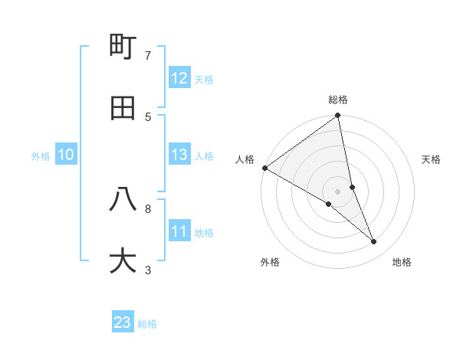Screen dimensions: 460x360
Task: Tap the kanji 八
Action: tap(123, 199)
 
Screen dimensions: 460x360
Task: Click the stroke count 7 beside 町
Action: tap(148, 55)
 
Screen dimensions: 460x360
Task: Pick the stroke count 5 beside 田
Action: tap(148, 116)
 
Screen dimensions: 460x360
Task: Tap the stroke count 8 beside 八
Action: tap(148, 208)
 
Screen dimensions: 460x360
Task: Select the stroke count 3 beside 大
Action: tap(148, 270)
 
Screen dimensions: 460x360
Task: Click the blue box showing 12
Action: tap(179, 78)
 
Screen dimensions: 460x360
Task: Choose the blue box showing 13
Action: tap(179, 155)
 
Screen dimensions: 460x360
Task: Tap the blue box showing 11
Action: tap(179, 231)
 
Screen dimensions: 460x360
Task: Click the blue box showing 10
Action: tap(66, 155)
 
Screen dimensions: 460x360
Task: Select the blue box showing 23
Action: tap(123, 322)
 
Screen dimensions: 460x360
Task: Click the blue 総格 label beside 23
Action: tap(147, 324)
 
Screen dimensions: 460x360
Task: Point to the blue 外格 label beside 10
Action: tap(41, 156)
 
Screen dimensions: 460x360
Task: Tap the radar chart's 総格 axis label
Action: tap(338, 100)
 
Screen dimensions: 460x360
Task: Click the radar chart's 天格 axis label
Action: tap(432, 159)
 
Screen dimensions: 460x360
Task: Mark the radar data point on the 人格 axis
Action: tap(264, 168)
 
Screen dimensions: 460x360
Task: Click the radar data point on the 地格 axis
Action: tap(374, 241)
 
